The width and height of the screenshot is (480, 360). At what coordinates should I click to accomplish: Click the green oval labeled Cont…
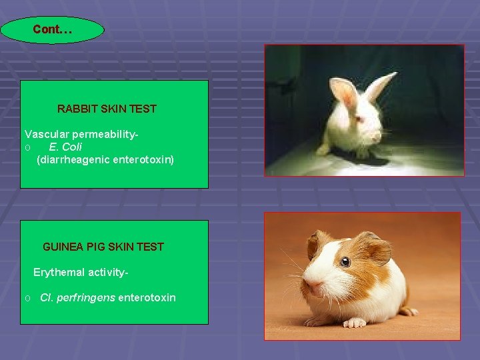[52, 30]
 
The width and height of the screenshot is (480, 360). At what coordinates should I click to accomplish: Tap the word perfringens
[86, 297]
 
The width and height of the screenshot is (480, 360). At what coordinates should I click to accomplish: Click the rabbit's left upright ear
[345, 93]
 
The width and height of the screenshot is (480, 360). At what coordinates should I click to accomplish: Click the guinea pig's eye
[345, 262]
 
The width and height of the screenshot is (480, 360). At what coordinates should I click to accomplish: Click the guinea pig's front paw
[354, 323]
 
